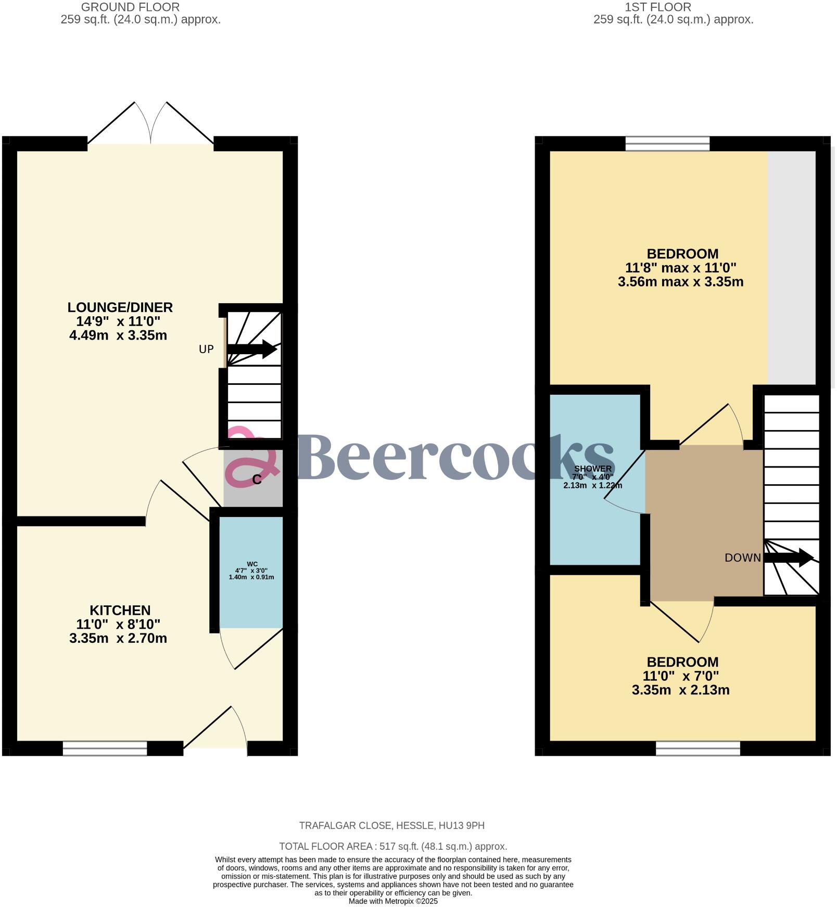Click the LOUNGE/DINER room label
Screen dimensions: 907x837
[120, 307]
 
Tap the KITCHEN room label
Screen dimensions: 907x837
[120, 610]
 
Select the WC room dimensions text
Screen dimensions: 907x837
[251, 574]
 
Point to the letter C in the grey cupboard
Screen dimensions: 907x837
[257, 480]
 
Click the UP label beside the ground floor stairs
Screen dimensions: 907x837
[206, 349]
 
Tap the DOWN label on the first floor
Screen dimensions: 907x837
[742, 558]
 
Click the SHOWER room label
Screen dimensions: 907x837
[592, 469]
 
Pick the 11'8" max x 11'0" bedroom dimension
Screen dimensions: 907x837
[680, 268]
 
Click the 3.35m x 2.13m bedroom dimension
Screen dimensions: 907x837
[680, 690]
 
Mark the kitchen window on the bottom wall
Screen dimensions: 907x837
[105, 748]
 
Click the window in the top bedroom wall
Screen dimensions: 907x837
[667, 144]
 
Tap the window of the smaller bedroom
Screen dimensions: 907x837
[697, 748]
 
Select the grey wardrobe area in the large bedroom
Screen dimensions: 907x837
[791, 268]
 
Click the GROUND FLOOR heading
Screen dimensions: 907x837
[130, 7]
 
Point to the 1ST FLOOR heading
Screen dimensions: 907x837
[658, 7]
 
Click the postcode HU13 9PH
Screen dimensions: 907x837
[462, 825]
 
